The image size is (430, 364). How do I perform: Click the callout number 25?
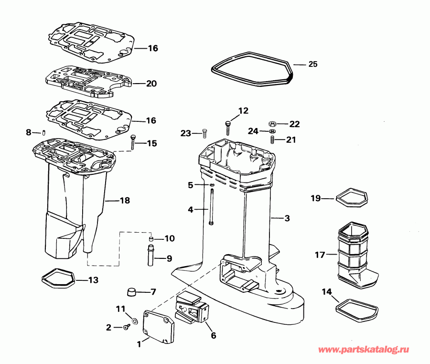[312, 64]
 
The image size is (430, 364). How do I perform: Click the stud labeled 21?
[272, 139]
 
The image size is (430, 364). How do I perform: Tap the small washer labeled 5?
[211, 184]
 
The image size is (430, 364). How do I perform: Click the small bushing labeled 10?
[150, 238]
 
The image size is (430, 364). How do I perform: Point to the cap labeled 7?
[132, 291]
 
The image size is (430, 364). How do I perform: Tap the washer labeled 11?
[133, 319]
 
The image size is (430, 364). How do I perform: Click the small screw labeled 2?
[127, 327]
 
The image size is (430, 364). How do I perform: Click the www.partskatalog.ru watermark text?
[364, 351]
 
